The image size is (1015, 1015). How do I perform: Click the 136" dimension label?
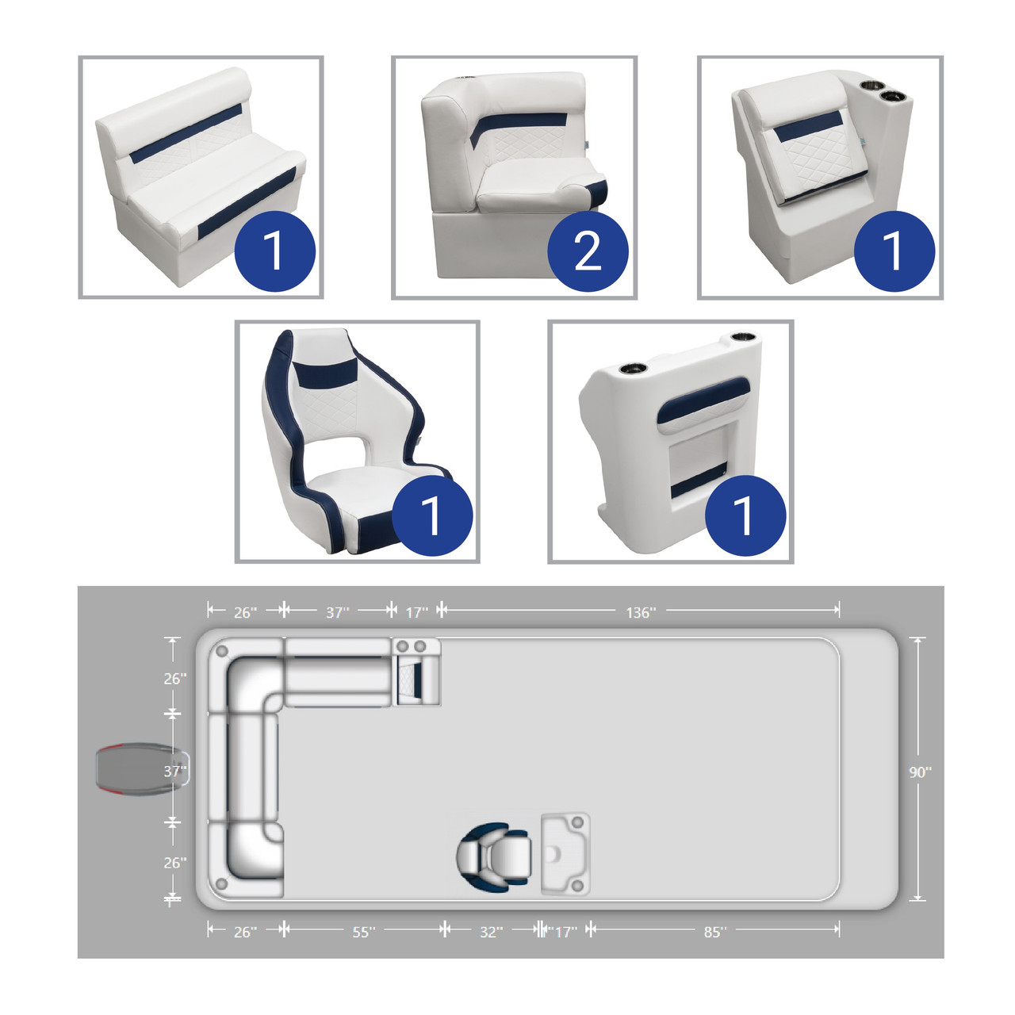point(641,612)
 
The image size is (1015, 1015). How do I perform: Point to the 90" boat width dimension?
point(920,772)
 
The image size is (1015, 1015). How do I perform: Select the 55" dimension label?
point(363,932)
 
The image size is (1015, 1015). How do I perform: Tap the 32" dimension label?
point(491,932)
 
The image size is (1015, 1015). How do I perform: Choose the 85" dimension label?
point(714,932)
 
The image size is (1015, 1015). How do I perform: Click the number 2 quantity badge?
point(588,251)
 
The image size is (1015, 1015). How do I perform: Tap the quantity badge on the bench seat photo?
point(274,251)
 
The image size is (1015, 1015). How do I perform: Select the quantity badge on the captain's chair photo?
point(432,515)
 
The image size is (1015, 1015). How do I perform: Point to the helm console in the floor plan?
point(565,854)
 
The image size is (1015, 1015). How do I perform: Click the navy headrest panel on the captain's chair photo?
point(326,373)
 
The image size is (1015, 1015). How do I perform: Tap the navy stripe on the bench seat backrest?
point(186,133)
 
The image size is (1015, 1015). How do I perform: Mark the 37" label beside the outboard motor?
point(175,772)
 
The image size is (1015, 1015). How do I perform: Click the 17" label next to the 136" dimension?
point(416,612)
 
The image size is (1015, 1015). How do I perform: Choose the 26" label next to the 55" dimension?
point(245,932)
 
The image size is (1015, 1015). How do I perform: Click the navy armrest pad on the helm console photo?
point(703,401)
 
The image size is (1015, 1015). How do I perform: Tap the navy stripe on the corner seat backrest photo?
point(522,126)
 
